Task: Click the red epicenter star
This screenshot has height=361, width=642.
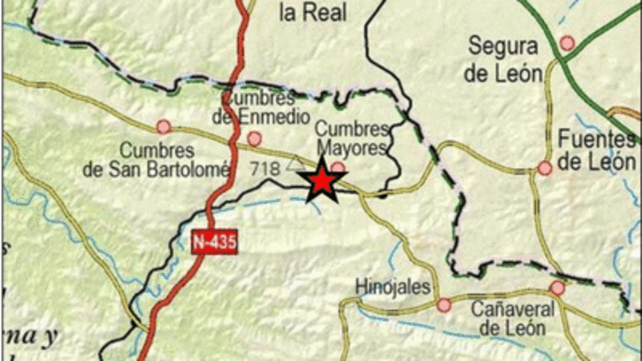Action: click(321, 183)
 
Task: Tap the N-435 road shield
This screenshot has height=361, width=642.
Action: click(216, 242)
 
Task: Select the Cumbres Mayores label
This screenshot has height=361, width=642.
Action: click(351, 140)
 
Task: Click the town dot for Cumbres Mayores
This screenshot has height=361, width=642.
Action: click(338, 169)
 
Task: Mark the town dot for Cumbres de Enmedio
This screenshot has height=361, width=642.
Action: click(254, 139)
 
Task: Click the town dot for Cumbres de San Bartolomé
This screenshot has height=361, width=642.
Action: click(164, 127)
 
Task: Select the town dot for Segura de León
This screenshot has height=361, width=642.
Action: click(568, 43)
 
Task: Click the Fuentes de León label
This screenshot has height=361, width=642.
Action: click(597, 150)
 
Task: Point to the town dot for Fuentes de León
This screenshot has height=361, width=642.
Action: click(545, 168)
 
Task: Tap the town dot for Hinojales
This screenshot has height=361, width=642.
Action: click(443, 305)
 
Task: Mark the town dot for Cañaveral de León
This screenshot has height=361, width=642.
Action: click(558, 288)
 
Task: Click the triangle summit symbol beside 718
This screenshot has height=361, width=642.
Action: click(293, 162)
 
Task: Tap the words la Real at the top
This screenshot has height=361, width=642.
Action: click(313, 12)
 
